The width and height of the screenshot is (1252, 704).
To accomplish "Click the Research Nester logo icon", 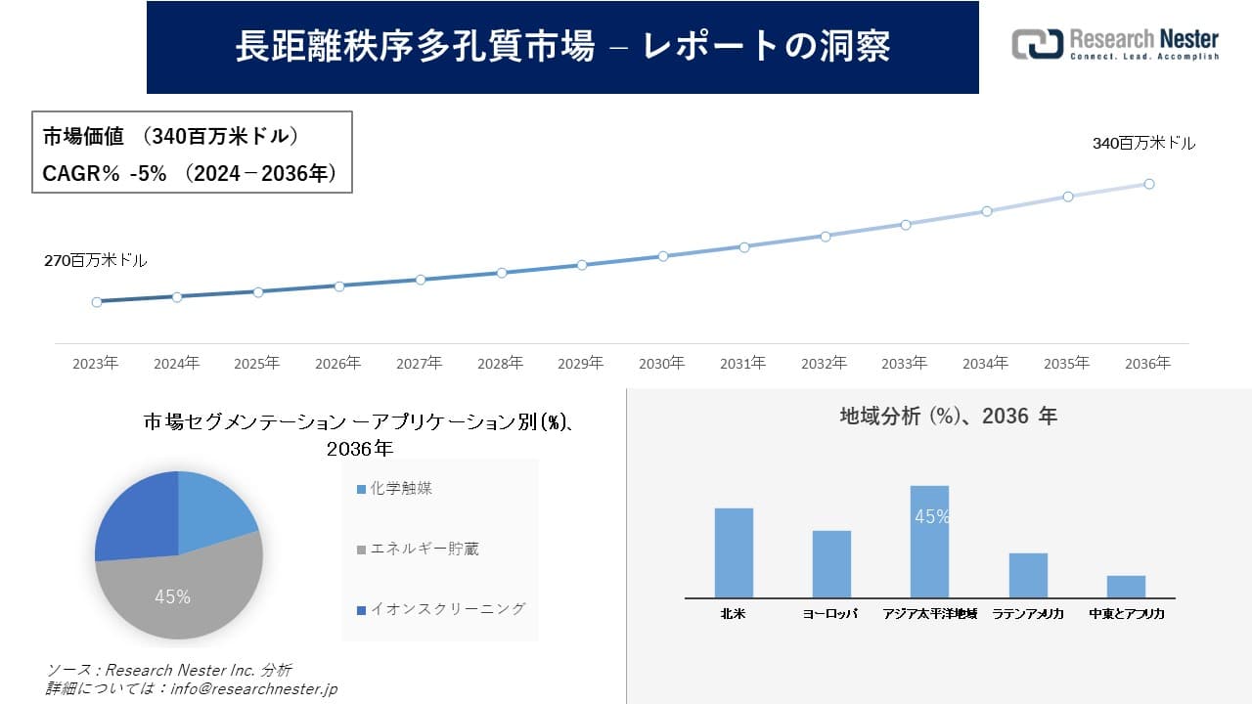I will point(1037,44).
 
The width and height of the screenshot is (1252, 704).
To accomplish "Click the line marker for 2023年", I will point(97,302).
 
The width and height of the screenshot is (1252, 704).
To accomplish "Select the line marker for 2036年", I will point(1149,184).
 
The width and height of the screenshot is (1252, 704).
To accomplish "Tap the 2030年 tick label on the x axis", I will point(661,364).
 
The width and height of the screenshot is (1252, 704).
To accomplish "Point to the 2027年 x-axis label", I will point(419,364).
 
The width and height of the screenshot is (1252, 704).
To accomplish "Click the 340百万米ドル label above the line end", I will point(1143,144).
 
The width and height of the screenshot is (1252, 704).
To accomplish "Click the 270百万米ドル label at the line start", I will point(95,261).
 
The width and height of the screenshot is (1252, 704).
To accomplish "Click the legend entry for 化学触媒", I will point(401,488).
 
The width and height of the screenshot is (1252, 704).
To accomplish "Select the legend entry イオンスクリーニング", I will point(447,609).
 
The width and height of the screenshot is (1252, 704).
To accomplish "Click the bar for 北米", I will point(734,553).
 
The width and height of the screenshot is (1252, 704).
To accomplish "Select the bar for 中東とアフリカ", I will point(1126,587).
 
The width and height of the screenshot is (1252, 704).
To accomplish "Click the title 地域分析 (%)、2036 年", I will point(948,417).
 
